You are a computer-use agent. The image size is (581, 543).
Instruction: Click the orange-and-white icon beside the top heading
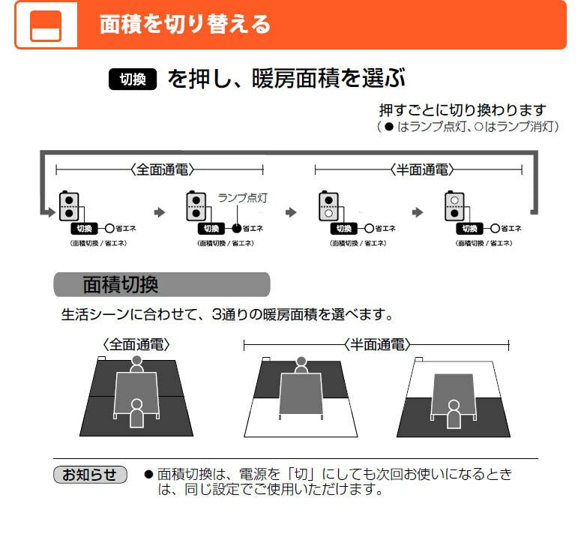click(45, 26)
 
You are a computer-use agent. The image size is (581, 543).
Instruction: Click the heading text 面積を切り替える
click(184, 24)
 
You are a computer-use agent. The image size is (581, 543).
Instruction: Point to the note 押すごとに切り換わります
click(463, 109)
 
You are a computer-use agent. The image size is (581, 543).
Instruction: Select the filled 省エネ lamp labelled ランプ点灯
click(237, 228)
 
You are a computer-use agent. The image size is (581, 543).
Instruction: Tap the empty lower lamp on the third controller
click(328, 214)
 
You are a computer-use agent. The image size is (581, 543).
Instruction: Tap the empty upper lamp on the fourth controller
click(454, 200)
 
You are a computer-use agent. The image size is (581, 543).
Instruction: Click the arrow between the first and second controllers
click(159, 213)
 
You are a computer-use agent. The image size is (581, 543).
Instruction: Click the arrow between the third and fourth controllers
click(418, 213)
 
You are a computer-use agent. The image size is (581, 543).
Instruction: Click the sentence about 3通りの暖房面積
click(226, 313)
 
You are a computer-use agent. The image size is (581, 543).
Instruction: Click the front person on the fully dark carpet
click(136, 413)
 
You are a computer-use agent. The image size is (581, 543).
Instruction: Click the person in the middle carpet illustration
click(301, 365)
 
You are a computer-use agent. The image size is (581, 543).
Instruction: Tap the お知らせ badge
click(89, 474)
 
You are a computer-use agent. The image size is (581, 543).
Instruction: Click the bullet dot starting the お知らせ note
click(148, 475)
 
